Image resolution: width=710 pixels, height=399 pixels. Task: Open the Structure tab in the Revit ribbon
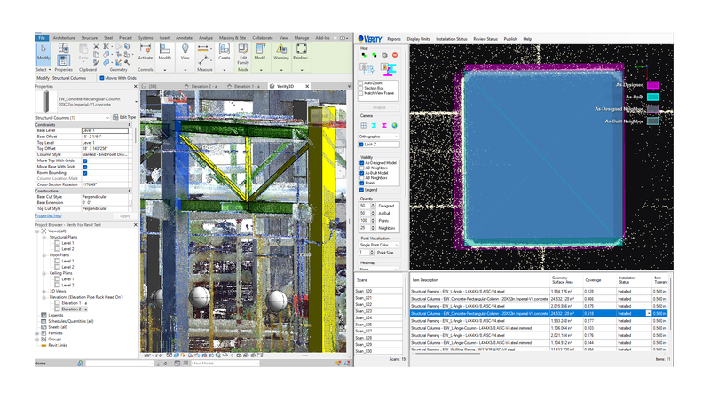point(90,38)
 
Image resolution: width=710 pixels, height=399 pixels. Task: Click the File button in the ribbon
point(42,38)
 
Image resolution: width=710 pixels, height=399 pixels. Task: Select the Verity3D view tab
point(284,86)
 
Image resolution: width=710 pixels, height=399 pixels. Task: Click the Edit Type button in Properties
point(125,117)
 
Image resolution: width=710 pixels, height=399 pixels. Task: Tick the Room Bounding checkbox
point(85,172)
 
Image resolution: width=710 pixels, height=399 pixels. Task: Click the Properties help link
point(48,215)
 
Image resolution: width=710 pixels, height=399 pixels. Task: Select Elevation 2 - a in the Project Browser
point(75,309)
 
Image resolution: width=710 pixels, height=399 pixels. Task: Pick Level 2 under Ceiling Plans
point(67,285)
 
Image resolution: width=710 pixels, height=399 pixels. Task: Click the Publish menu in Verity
point(510,39)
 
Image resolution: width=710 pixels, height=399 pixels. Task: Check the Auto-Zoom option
point(361,82)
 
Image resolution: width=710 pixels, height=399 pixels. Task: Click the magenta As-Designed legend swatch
point(653,85)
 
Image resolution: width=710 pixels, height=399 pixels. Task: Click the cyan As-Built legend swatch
point(653,97)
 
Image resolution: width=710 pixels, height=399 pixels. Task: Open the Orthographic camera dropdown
point(379,136)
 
